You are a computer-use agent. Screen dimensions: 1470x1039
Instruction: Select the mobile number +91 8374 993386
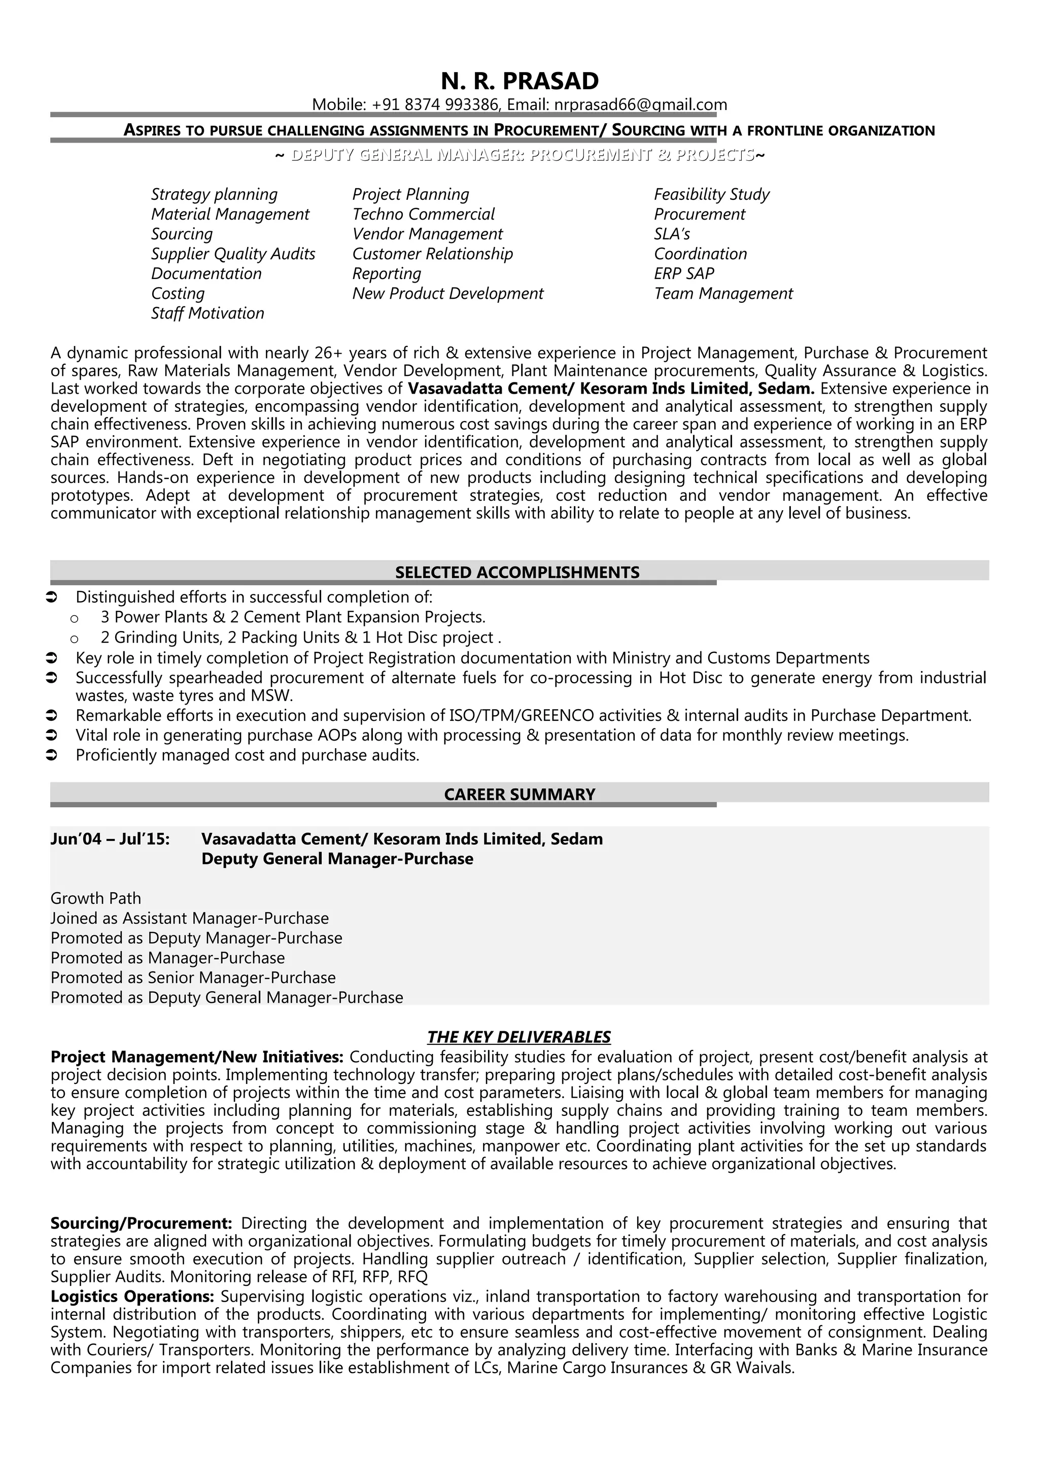435,104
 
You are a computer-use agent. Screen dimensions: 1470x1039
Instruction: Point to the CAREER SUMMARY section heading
519,794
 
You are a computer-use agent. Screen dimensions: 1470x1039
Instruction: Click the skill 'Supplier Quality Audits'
233,254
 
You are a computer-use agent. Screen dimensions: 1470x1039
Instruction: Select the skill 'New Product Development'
447,293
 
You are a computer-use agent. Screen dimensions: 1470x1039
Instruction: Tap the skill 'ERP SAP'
684,273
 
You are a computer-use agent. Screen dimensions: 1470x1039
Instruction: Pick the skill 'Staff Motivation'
207,313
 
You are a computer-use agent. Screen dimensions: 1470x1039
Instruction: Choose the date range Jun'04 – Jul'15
110,838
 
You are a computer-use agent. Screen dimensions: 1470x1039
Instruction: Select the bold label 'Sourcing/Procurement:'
141,1223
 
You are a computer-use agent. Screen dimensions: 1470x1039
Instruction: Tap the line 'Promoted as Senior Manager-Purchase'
193,977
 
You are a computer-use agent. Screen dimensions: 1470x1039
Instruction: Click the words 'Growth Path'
95,898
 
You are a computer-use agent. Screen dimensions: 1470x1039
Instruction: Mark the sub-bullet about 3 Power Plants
293,617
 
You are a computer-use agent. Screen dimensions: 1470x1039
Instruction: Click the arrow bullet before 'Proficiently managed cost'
52,755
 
